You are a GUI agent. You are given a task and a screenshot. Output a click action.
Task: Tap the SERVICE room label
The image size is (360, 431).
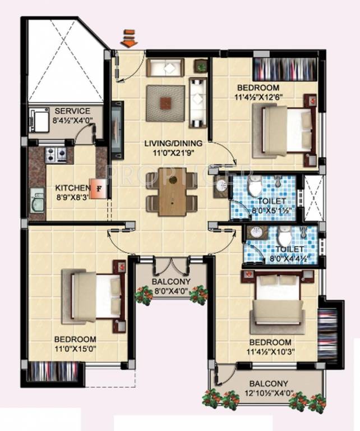pyautogui.click(x=71, y=111)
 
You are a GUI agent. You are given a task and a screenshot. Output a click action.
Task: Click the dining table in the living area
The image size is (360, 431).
pyautogui.click(x=172, y=191)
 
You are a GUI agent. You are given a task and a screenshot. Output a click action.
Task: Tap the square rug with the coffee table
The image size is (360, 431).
pyautogui.click(x=165, y=103)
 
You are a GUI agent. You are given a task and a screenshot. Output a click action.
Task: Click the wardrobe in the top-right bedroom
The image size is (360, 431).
pyautogui.click(x=285, y=68)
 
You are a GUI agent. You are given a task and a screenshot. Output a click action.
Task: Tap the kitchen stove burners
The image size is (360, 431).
pyautogui.click(x=55, y=153)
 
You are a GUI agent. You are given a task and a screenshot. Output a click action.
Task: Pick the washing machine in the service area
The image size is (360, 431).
pyautogui.click(x=40, y=118)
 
